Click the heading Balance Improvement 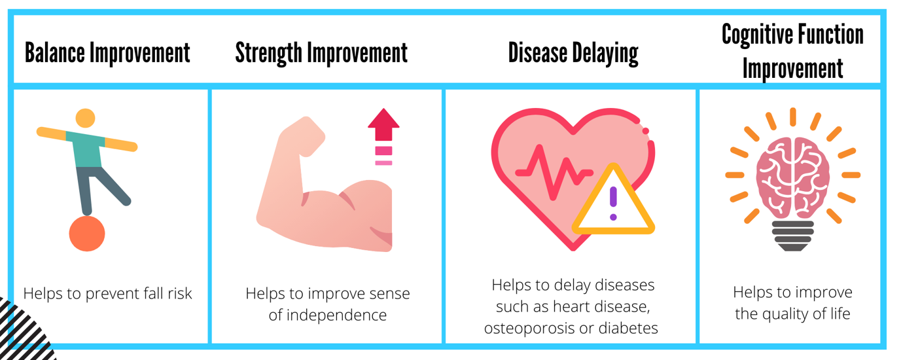coord(107,53)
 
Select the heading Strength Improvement coord(321,53)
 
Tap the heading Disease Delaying coord(573,53)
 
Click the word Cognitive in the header coord(756,35)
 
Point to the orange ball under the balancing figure coord(87,234)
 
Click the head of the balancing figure coord(85,118)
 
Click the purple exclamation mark coord(613,203)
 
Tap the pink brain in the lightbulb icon coord(792,176)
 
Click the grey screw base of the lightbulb coord(793,236)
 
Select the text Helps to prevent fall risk coord(107,294)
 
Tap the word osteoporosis coord(529,329)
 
